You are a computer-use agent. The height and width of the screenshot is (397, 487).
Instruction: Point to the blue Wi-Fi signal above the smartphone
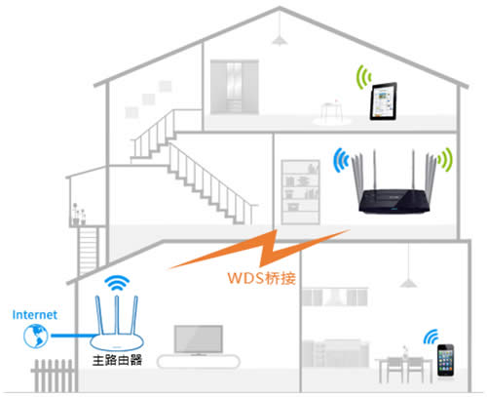[x=431, y=337]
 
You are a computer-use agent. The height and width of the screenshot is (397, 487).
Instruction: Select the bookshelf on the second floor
[x=297, y=185]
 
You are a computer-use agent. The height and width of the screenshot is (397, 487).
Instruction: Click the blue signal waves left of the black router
[x=341, y=160]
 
